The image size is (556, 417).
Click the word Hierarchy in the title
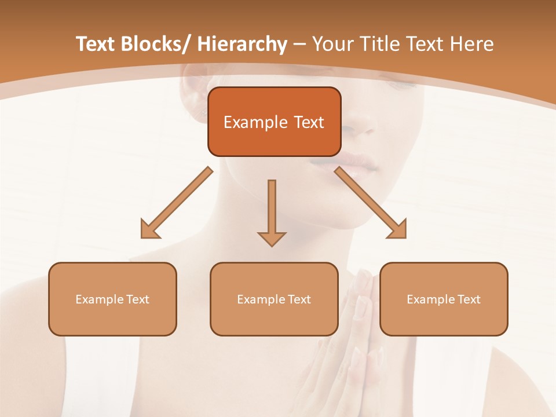(242, 44)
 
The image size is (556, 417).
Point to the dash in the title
(299, 45)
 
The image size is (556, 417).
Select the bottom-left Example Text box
(112, 299)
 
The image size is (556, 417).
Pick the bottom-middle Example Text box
(274, 299)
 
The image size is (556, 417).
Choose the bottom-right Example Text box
(444, 299)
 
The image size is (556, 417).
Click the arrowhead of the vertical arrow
(272, 238)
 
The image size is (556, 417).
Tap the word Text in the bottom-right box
(469, 299)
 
